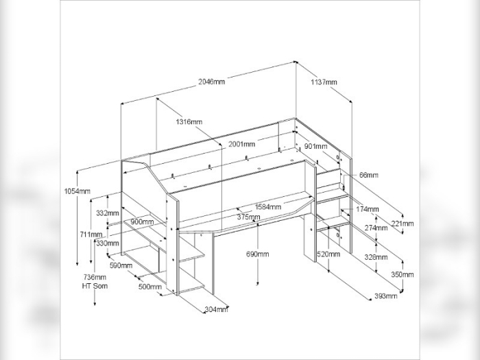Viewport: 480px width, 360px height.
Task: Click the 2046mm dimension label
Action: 211,82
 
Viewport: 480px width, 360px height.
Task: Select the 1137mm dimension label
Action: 324,82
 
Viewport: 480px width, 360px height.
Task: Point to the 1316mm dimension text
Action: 189,122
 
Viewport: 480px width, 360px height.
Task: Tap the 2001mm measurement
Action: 241,144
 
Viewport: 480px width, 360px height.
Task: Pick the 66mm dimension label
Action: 368,176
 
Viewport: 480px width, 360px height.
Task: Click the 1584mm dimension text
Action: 267,206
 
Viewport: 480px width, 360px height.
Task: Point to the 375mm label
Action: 249,217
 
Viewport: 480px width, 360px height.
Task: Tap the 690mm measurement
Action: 257,254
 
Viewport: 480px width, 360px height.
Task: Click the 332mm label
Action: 107,213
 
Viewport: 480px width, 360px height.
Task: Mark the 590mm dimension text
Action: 121,265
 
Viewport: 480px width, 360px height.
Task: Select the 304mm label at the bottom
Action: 216,309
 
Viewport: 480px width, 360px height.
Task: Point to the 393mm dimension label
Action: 386,296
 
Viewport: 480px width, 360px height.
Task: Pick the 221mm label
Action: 403,223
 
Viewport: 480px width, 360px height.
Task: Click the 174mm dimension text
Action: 368,209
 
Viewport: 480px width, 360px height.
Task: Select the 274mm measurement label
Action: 376,228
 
